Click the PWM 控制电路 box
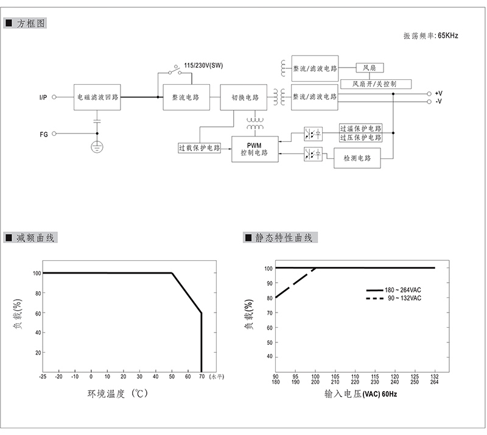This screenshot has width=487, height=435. pyautogui.click(x=254, y=149)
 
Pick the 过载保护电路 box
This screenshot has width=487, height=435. pyautogui.click(x=200, y=147)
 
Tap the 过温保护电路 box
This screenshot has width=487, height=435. pyautogui.click(x=360, y=129)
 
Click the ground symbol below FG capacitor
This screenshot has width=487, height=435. pyautogui.click(x=96, y=146)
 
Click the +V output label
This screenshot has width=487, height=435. pyautogui.click(x=438, y=93)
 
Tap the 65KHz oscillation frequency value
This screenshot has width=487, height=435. pyautogui.click(x=447, y=36)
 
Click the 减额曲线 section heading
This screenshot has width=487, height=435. pyautogui.click(x=37, y=238)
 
